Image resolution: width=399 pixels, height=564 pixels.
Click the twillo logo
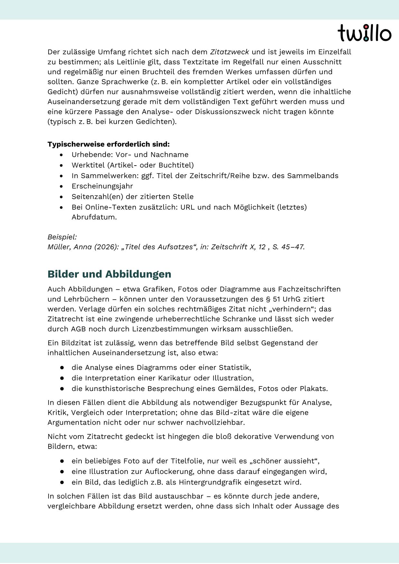click(364, 33)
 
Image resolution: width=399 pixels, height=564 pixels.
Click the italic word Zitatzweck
click(229, 52)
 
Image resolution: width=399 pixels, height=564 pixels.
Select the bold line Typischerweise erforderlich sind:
click(108, 144)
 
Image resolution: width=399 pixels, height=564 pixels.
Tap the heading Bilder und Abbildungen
click(109, 274)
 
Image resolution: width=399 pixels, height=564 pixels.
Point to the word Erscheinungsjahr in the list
click(102, 186)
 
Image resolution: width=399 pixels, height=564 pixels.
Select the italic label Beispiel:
click(62, 237)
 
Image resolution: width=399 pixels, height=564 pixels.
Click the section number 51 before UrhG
click(276, 299)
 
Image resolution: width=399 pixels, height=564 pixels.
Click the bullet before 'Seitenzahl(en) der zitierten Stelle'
click(61, 197)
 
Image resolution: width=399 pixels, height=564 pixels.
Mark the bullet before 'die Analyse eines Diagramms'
click(61, 368)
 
